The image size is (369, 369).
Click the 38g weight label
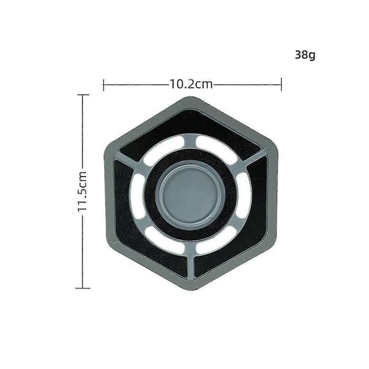[305, 55]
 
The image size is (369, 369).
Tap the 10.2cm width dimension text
[191, 84]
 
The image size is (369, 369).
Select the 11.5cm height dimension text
[83, 191]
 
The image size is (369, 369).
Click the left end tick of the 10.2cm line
[103, 85]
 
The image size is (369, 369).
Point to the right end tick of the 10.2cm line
[281, 84]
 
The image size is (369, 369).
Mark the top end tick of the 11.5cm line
[82, 95]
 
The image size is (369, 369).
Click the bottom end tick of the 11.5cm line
[82, 288]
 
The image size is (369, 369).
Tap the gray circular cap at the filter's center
[191, 196]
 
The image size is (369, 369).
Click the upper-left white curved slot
[164, 151]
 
